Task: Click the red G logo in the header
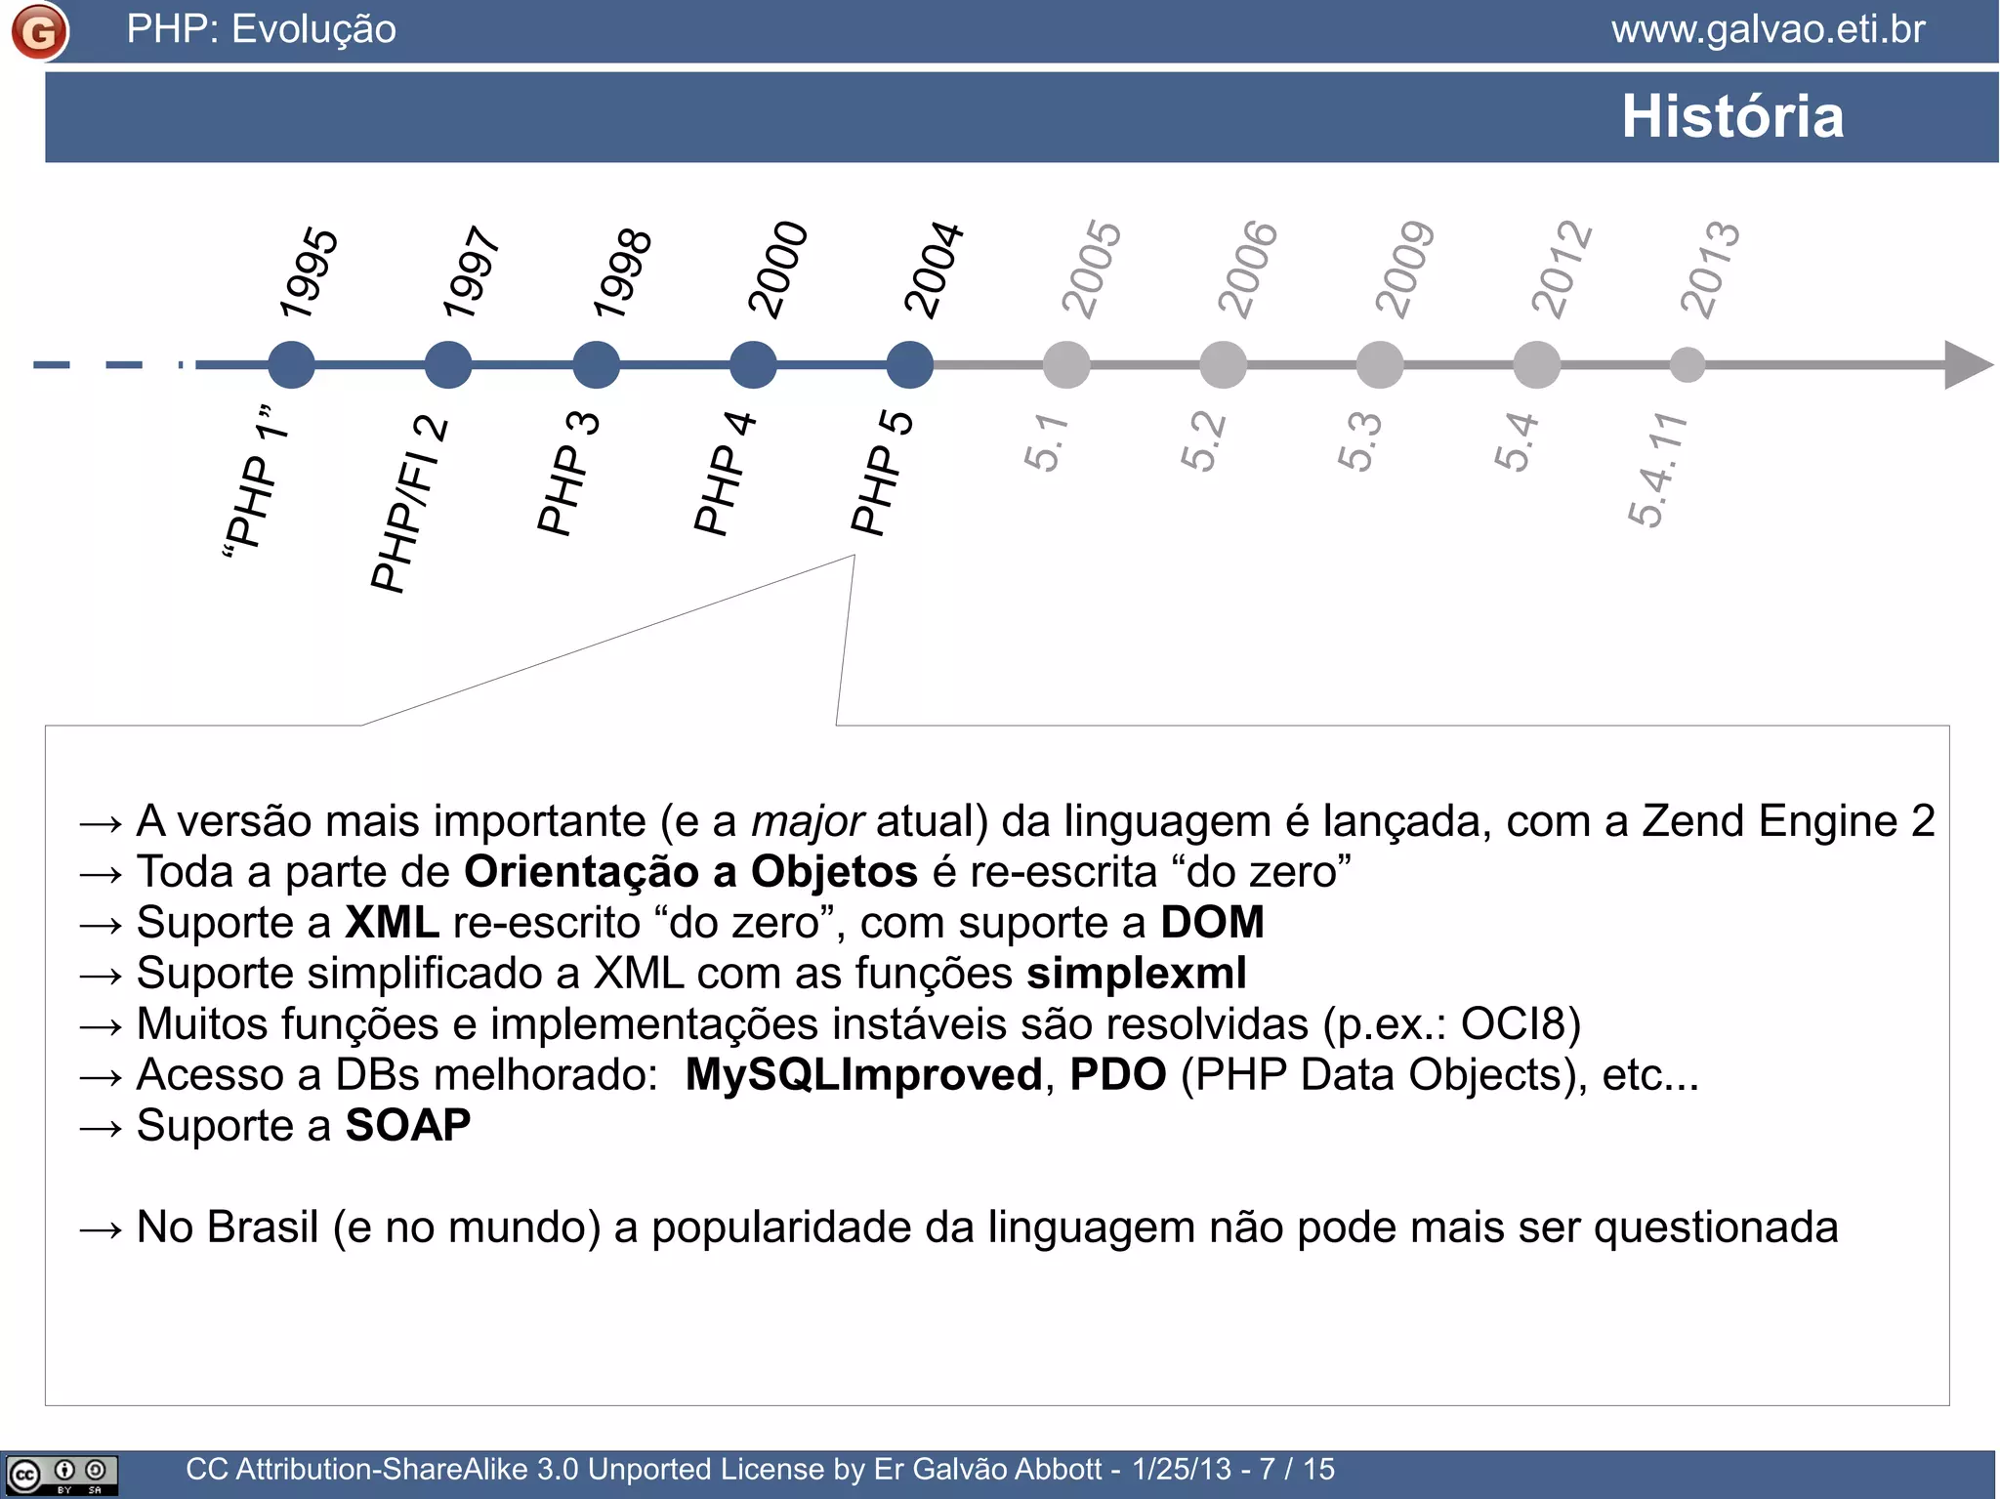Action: pyautogui.click(x=39, y=31)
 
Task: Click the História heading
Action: pyautogui.click(x=1732, y=116)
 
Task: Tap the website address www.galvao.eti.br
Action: pyautogui.click(x=1768, y=29)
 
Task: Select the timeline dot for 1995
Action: pyautogui.click(x=291, y=365)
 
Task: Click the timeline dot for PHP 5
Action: pyautogui.click(x=909, y=365)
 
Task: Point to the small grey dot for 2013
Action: pyautogui.click(x=1687, y=365)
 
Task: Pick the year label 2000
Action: pyautogui.click(x=777, y=270)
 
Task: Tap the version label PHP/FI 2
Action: pyautogui.click(x=409, y=504)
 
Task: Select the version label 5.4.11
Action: pyautogui.click(x=1657, y=470)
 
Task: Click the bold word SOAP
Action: pyautogui.click(x=408, y=1125)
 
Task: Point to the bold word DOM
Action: pyautogui.click(x=1212, y=922)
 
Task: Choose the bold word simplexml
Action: pyautogui.click(x=1137, y=973)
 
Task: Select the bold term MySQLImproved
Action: pyautogui.click(x=864, y=1074)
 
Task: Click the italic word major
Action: pyautogui.click(x=807, y=821)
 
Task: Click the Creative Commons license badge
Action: pyautogui.click(x=61, y=1474)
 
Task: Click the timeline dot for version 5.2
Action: pyautogui.click(x=1223, y=365)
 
